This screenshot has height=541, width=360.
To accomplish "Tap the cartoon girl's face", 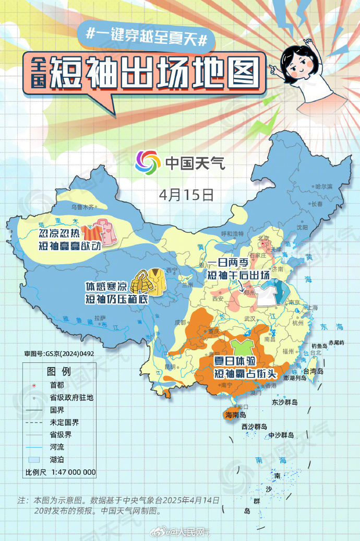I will coord(296,64).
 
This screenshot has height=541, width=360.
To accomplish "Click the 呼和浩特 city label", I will coord(232,233).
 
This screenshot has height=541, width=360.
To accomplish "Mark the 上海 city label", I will coord(313,308).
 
